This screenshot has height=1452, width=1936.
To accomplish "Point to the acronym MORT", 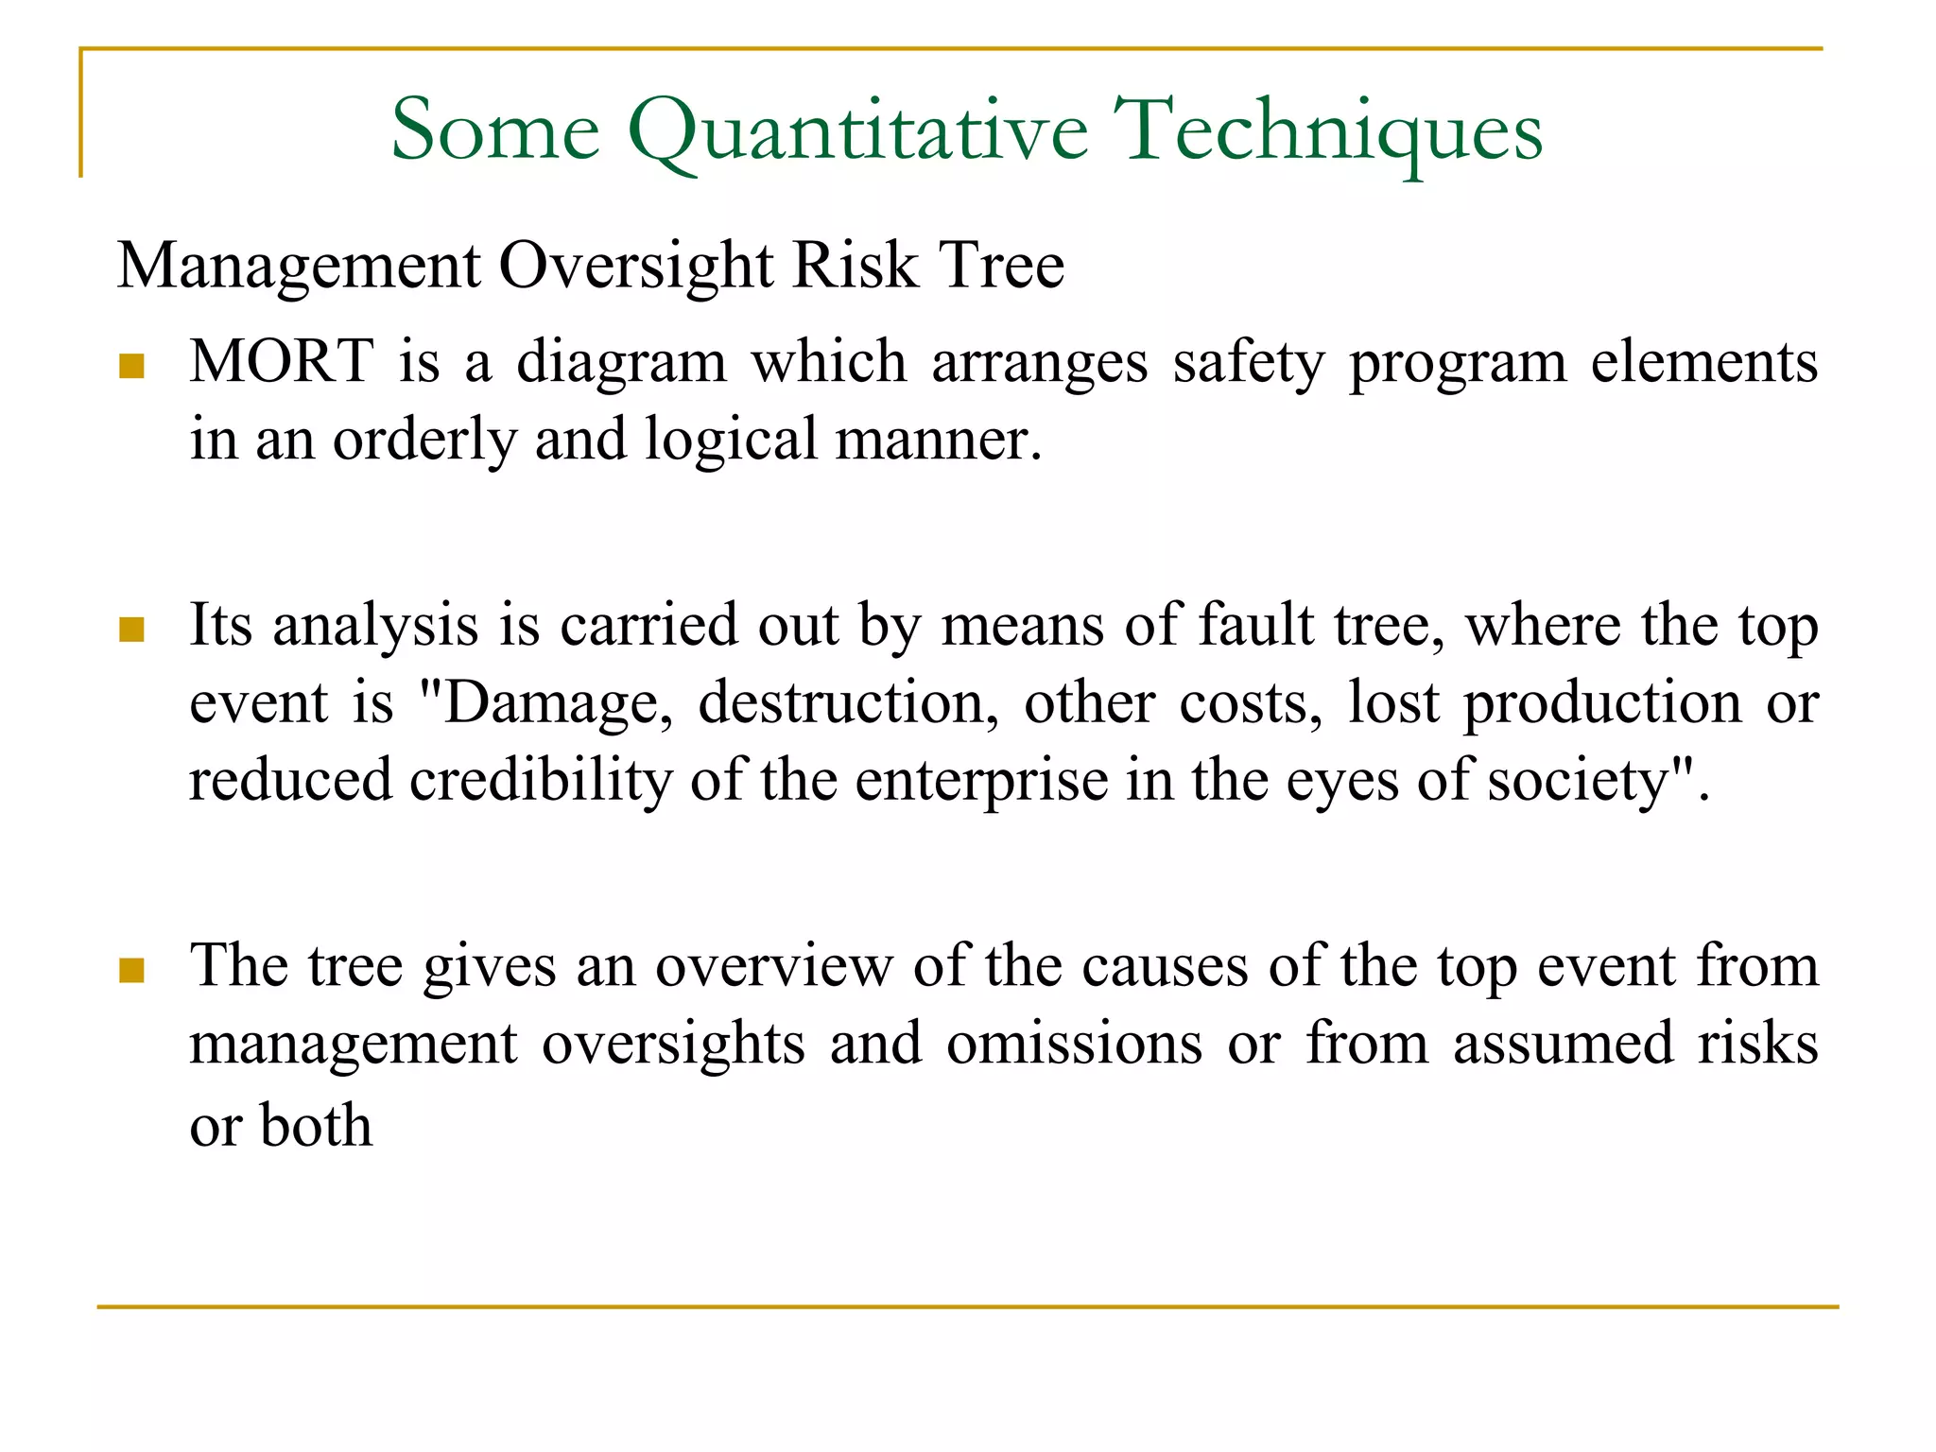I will pos(282,361).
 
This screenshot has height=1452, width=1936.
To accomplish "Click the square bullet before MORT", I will pos(131,366).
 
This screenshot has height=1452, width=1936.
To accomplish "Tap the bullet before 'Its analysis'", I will pos(131,630).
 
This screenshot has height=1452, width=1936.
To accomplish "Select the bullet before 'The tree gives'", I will pos(131,970).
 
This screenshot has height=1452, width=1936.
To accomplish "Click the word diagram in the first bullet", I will pos(621,363).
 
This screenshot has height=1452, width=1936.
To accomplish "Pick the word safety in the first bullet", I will pos(1249,363).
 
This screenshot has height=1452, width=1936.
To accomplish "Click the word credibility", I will pos(540,781).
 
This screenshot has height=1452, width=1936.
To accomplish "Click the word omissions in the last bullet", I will pos(1075,1044).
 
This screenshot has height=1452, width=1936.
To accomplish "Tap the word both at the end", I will pos(316,1125).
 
